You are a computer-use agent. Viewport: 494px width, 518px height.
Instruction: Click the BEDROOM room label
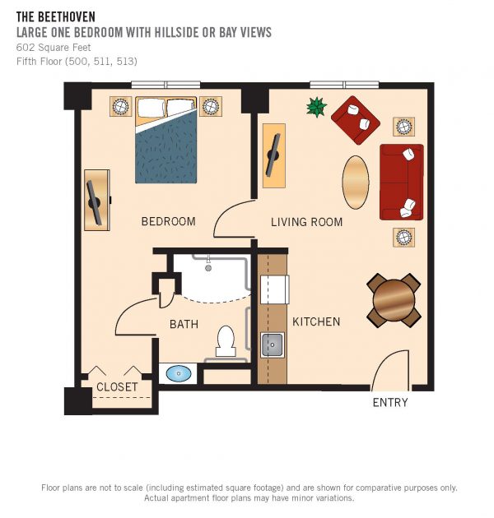168,221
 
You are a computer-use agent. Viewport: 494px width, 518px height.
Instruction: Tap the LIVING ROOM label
307,222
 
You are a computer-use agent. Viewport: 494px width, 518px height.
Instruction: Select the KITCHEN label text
316,321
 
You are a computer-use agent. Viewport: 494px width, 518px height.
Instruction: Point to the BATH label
184,324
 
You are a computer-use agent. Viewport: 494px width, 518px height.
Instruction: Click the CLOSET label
117,386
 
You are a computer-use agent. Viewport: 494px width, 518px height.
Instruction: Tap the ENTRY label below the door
390,402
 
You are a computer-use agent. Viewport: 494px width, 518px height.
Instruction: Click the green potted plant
316,107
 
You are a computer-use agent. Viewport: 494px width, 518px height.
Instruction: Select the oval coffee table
356,183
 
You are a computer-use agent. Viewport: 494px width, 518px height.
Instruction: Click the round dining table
394,301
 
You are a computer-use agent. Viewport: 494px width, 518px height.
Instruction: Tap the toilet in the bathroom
226,341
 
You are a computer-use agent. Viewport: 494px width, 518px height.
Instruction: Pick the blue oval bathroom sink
179,373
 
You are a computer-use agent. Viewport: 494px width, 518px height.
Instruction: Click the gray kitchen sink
272,345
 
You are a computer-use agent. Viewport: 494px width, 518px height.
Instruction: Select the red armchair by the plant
356,120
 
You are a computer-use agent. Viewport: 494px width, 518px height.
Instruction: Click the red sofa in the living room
402,182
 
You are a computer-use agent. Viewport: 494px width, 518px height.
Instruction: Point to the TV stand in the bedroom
97,200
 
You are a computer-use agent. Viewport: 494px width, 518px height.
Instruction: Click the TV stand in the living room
274,156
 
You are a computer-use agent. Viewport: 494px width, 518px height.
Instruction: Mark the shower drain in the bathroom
208,268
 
